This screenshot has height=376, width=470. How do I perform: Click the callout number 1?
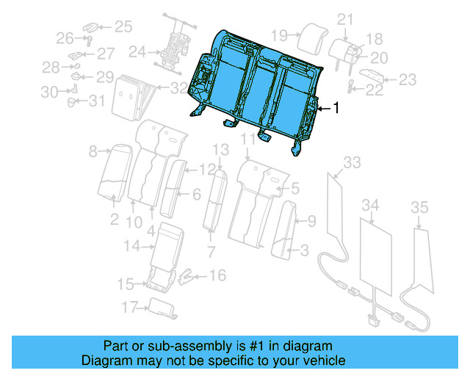coord(336,109)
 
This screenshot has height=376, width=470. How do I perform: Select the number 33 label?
coord(352,162)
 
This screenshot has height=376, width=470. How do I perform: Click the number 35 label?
coord(419,208)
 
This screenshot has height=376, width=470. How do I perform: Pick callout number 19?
coord(278,35)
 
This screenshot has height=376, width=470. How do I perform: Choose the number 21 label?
coord(345,19)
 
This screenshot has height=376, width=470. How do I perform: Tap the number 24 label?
coord(137,52)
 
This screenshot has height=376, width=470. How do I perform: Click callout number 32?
coord(178,88)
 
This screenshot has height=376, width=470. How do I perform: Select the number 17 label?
coord(130,306)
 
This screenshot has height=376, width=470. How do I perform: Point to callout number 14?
coord(131,247)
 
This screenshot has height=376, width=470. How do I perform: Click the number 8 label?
coord(93,152)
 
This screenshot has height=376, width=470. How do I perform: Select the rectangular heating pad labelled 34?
coord(377,253)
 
